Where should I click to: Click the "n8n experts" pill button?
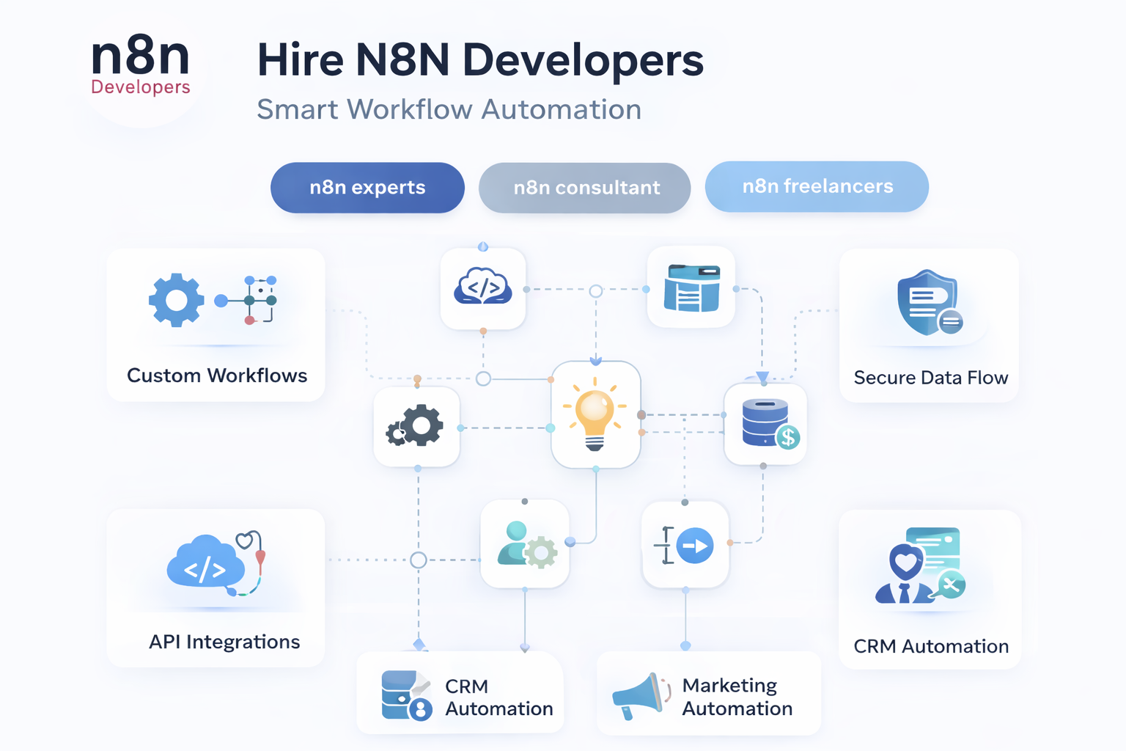coord(367,188)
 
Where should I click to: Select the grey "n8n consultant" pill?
coord(585,188)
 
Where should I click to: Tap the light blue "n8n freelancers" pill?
coord(817,186)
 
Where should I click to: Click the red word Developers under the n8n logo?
coord(141,87)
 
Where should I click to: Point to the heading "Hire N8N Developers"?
coord(480,60)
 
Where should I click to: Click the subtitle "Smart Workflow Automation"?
coord(449,109)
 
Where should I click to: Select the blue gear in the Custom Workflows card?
coord(176,300)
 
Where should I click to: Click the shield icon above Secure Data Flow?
coord(928,301)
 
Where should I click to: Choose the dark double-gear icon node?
coord(416,425)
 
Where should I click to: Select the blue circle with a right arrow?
coord(694,546)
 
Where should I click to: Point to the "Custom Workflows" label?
coord(217,375)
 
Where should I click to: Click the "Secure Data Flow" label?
coord(930,378)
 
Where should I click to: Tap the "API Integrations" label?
coord(224,642)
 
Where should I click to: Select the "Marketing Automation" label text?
coord(737,697)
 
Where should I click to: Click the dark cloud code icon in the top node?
coord(482,287)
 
